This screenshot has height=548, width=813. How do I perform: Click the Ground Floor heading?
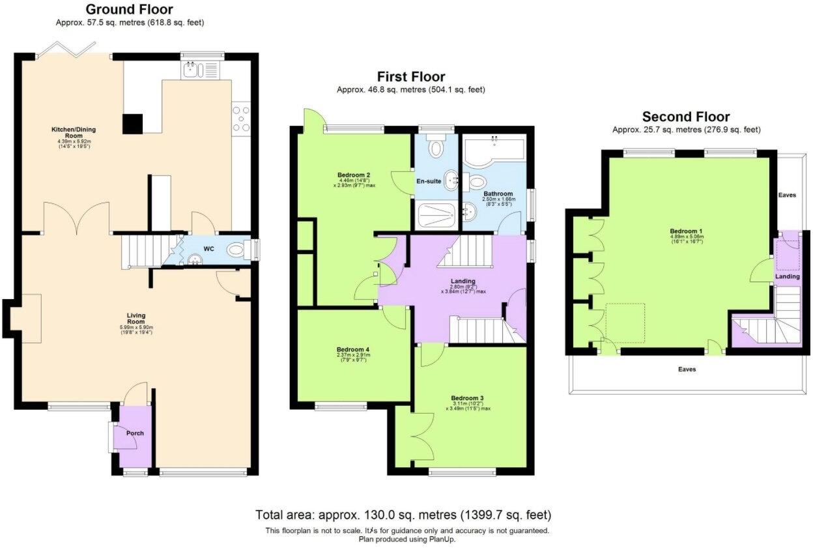129,9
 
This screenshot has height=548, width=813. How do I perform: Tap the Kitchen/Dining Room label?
68,132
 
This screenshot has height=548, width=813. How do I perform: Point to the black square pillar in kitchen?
133,123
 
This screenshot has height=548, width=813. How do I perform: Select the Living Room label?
135,318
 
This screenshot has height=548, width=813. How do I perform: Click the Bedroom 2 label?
354,175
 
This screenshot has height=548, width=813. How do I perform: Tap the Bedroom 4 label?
353,349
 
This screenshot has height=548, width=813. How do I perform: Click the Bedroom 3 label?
467,397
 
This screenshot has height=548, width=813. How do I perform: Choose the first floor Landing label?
463,281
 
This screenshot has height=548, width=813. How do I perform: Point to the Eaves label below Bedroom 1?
687,369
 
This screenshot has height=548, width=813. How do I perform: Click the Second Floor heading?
686,117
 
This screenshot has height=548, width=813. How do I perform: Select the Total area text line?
404,515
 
